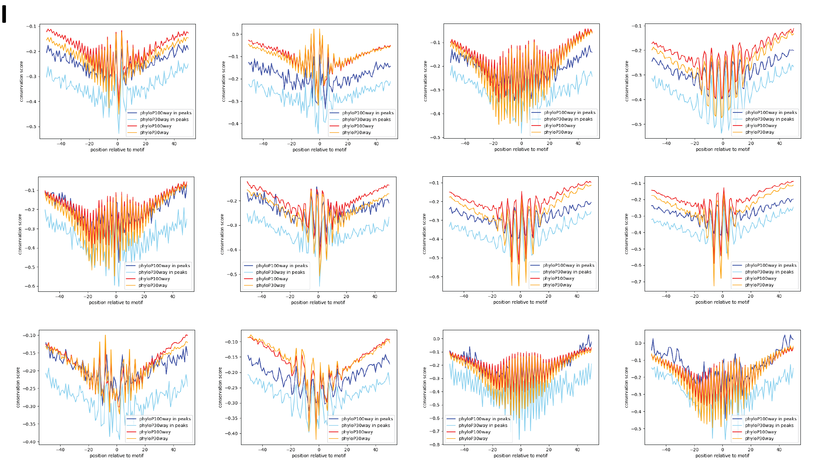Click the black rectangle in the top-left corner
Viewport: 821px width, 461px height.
point(4,14)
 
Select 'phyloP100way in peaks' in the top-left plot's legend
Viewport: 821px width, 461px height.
point(166,113)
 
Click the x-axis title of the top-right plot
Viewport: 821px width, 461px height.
point(722,149)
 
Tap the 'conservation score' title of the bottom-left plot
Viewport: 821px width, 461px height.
point(18,387)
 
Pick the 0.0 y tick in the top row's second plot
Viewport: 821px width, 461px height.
point(235,34)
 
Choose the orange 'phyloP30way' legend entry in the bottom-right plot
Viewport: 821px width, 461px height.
point(759,439)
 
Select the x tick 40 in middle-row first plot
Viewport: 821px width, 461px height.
point(172,297)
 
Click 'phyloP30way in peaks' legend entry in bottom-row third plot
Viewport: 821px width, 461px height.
point(483,426)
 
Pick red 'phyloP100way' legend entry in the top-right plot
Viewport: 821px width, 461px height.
point(761,126)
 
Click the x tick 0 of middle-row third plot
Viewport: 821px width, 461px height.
point(520,296)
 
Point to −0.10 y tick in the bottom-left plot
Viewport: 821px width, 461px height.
point(29,335)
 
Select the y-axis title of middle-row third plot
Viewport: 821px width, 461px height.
point(424,234)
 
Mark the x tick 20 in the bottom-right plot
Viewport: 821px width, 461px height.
point(750,450)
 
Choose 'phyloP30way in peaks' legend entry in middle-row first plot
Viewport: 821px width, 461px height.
point(163,272)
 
